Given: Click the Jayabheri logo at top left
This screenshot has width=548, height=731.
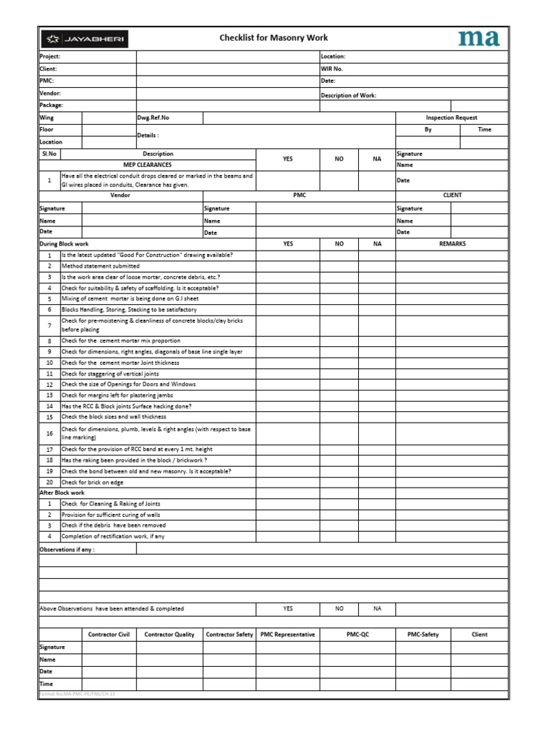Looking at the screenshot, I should [x=84, y=39].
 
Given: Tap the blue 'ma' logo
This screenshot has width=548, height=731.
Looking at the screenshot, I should [x=478, y=38].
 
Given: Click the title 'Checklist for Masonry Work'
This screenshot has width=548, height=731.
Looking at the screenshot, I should [x=274, y=38].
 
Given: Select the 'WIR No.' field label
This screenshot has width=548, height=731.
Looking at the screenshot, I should [x=332, y=69].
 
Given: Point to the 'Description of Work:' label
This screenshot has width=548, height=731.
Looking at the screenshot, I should [x=348, y=95].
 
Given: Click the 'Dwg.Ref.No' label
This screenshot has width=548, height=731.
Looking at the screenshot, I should [x=151, y=118].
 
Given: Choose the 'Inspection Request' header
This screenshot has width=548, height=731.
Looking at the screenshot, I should [x=451, y=118].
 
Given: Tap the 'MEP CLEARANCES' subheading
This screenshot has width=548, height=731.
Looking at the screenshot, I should [x=148, y=165].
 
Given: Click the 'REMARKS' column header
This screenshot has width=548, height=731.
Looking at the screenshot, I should [x=452, y=243].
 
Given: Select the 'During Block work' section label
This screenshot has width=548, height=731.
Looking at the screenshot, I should [x=64, y=244].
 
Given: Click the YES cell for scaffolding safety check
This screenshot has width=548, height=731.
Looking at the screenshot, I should [x=288, y=288].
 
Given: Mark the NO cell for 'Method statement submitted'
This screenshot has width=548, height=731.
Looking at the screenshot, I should [x=339, y=266].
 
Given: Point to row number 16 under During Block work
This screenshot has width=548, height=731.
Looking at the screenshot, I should [x=49, y=433].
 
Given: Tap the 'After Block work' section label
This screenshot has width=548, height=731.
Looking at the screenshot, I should [x=61, y=493].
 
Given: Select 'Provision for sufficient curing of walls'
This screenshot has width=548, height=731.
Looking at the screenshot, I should [x=111, y=515].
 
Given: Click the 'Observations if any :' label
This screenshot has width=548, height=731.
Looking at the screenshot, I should [x=67, y=550].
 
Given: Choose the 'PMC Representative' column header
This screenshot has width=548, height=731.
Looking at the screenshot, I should [x=288, y=634].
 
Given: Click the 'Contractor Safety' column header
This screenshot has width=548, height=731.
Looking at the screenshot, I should [x=229, y=634].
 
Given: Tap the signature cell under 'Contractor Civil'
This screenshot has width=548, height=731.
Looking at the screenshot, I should [x=108, y=647].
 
